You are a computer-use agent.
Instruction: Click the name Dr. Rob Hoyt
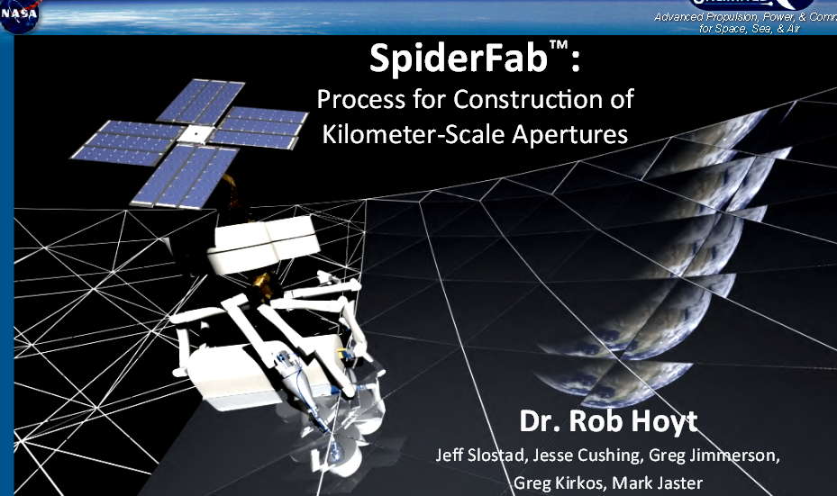tap(608, 421)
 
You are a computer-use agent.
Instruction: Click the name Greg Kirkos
tap(557, 483)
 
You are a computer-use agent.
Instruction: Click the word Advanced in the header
tap(680, 17)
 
